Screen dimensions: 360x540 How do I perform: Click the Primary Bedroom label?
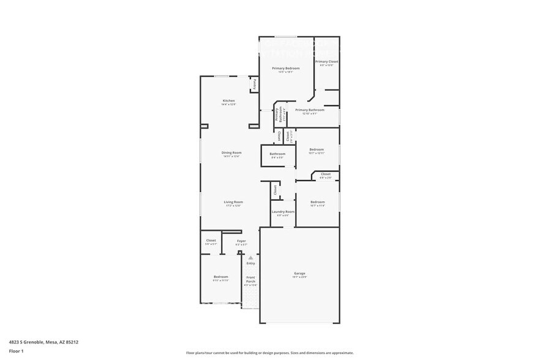(x=286, y=68)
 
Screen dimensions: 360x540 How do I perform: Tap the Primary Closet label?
(x=327, y=62)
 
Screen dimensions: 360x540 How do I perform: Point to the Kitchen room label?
(x=228, y=100)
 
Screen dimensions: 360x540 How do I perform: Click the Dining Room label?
(x=231, y=152)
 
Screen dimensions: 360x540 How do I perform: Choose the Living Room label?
(x=233, y=202)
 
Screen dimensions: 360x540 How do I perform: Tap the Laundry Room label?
(x=283, y=211)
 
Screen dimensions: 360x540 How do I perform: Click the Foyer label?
(x=242, y=241)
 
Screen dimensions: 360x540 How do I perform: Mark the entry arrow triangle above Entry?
(x=250, y=258)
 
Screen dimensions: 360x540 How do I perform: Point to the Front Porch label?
(x=250, y=279)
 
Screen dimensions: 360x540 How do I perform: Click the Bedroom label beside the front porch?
(x=220, y=277)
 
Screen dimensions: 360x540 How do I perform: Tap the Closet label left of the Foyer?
(x=211, y=241)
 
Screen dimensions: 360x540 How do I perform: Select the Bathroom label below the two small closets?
(x=277, y=154)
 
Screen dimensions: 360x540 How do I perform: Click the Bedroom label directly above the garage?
(x=317, y=202)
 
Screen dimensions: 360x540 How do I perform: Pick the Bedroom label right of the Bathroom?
(x=317, y=149)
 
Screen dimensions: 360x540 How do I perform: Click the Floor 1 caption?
(x=16, y=351)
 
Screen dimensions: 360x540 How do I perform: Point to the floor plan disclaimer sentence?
(x=269, y=353)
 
